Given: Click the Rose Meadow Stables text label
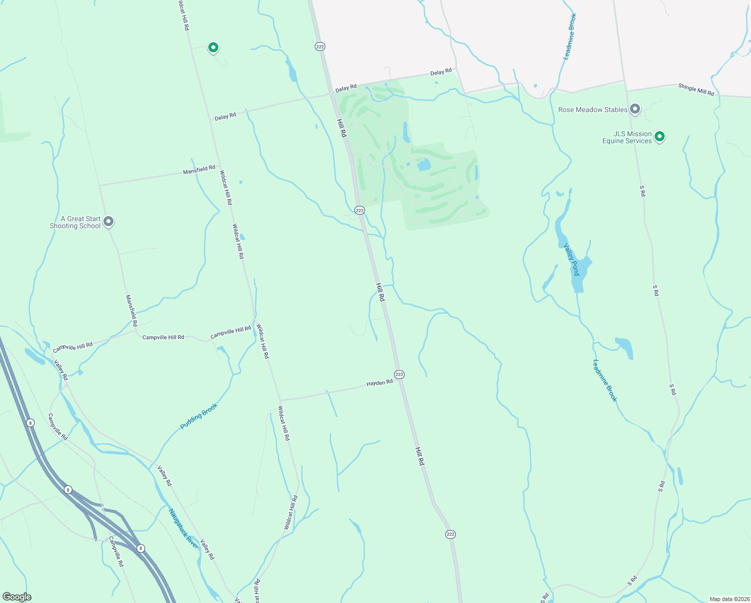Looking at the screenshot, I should coord(592,110).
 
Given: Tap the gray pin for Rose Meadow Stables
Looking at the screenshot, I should coord(635,109).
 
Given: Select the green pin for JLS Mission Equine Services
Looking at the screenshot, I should coord(660,136).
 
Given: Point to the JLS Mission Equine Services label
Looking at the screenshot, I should coord(628,137).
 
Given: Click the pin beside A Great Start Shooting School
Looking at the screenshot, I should coord(108,222).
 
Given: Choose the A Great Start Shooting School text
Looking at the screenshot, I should coord(75,222).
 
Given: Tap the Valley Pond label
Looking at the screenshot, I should coord(572,259).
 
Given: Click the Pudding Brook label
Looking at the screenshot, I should coord(199,416).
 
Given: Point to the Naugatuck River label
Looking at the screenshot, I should coord(183,528).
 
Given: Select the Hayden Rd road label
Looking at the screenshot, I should coord(380,383).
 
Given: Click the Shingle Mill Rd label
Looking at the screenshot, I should coord(696,89).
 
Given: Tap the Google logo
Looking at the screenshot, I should coord(17,596).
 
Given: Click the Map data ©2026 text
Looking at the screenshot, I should coord(728,599).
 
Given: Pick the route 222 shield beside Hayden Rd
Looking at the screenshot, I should coord(399,374).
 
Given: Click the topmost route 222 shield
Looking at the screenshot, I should coord(320,46).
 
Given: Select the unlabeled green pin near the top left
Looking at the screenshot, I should coord(213,48).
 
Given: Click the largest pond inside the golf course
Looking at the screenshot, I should coord(424,164).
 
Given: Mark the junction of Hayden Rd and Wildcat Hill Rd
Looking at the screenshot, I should coord(279,400).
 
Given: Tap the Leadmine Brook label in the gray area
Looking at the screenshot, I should coord(570,37).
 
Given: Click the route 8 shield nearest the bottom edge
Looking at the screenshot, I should coord(141,548).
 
